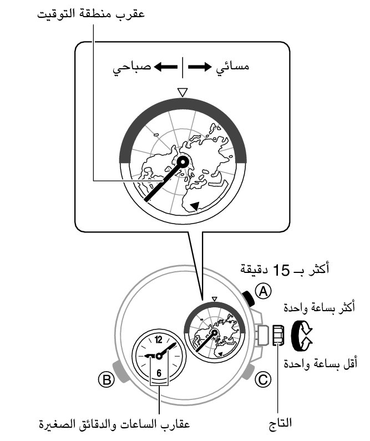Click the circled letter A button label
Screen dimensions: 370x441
pyautogui.click(x=263, y=291)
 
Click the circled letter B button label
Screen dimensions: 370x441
pyautogui.click(x=107, y=379)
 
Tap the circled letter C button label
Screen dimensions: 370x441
pyautogui.click(x=263, y=379)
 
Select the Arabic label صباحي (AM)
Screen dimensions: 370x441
pyautogui.click(x=132, y=68)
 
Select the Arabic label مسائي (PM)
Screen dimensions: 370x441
pyautogui.click(x=232, y=68)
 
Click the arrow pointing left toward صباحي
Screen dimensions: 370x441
pyautogui.click(x=166, y=67)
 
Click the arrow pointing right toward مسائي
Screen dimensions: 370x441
pyautogui.click(x=200, y=67)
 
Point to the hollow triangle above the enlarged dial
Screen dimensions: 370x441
pyautogui.click(x=183, y=93)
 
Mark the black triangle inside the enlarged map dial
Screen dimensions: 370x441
pyautogui.click(x=195, y=206)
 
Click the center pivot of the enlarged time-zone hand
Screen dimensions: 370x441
pyautogui.click(x=183, y=162)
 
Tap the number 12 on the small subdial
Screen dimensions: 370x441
pyautogui.click(x=158, y=339)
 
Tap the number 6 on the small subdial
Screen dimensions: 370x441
pyautogui.click(x=159, y=373)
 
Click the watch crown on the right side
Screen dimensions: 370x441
pyautogui.click(x=278, y=335)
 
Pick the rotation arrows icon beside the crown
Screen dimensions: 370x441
pyautogui.click(x=302, y=335)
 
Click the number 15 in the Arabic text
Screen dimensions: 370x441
pyautogui.click(x=281, y=270)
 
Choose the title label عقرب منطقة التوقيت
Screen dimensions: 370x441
pyautogui.click(x=91, y=14)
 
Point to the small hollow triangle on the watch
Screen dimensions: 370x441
pyautogui.click(x=215, y=298)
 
